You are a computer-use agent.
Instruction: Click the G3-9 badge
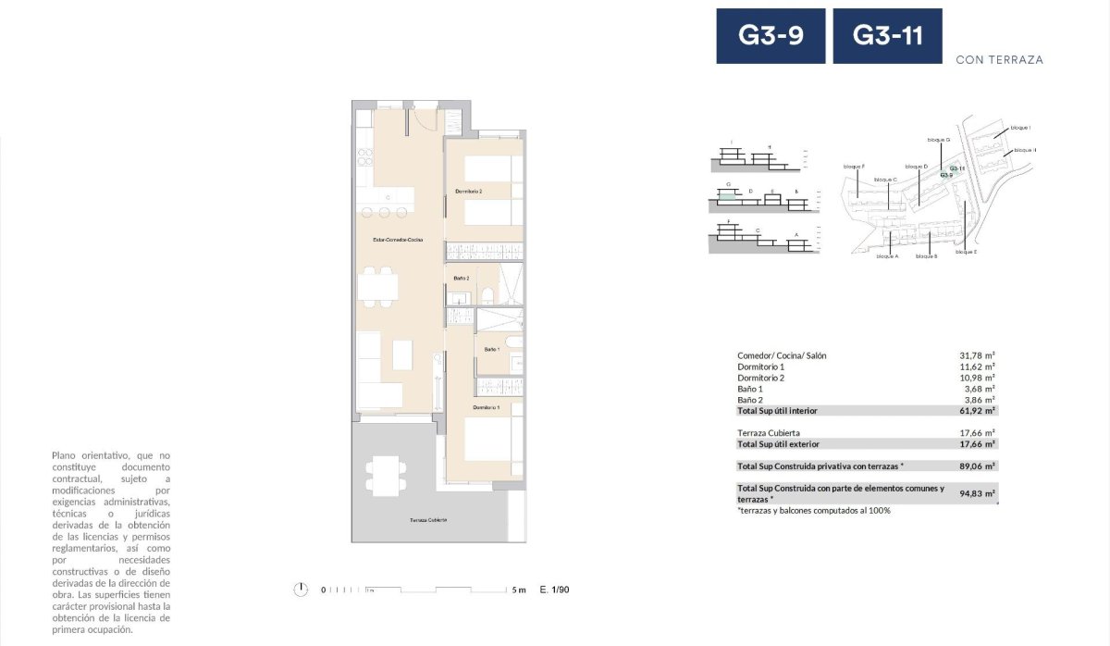click(770, 36)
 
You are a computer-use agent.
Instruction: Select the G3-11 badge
click(888, 36)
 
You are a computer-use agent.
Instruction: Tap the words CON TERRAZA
click(999, 59)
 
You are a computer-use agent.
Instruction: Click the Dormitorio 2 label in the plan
click(469, 192)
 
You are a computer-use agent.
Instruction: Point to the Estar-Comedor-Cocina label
click(398, 240)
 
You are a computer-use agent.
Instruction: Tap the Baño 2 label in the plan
click(462, 278)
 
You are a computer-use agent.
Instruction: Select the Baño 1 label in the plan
click(491, 349)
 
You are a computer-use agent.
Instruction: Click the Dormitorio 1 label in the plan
click(486, 407)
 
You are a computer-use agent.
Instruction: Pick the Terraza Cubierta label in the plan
click(428, 520)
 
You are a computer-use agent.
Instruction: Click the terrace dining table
click(382, 474)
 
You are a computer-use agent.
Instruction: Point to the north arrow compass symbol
click(300, 589)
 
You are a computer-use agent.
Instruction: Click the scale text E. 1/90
click(554, 590)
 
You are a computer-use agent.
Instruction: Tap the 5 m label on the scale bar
click(518, 590)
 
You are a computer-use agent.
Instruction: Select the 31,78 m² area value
click(977, 355)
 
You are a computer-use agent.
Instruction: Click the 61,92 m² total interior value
click(977, 410)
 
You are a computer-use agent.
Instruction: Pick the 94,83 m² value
click(977, 493)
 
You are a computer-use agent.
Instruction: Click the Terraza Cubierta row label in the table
click(768, 432)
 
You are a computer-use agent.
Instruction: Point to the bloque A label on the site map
click(886, 256)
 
